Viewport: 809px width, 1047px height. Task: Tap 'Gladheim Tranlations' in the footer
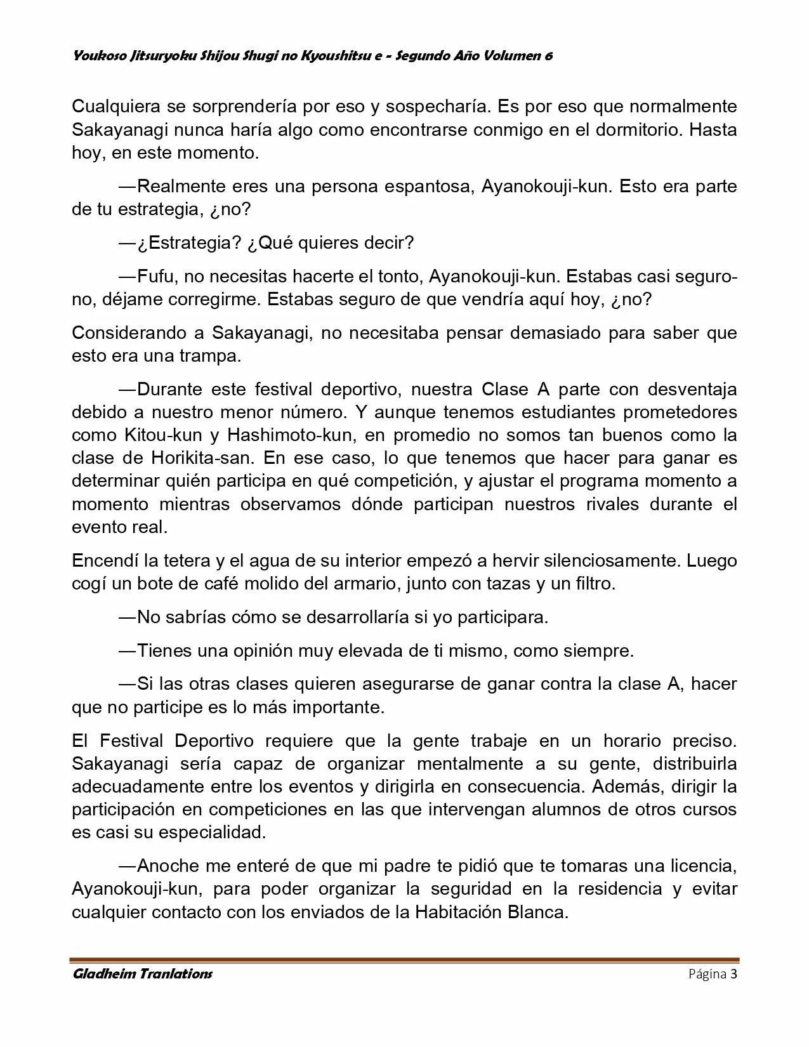coord(142,974)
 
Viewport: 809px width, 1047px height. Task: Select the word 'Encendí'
coord(105,561)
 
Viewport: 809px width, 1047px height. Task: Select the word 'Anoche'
coord(168,866)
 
